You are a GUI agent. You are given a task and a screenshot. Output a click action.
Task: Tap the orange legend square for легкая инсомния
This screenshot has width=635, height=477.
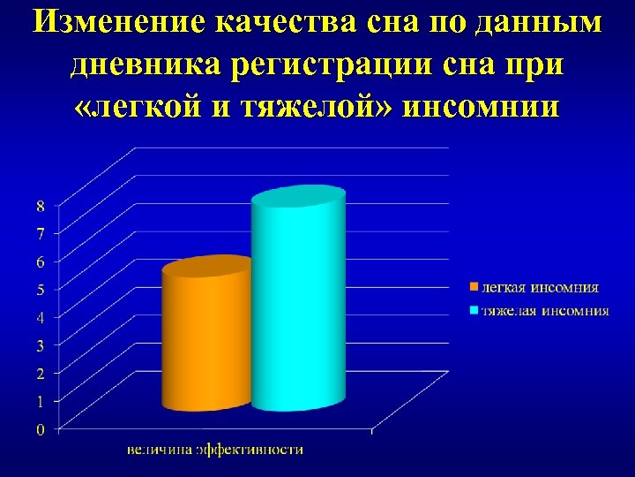click(x=473, y=287)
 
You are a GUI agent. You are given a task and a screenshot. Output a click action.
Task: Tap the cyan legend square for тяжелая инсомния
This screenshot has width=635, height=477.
click(x=473, y=311)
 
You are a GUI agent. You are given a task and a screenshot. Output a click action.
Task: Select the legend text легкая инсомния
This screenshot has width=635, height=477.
click(x=539, y=287)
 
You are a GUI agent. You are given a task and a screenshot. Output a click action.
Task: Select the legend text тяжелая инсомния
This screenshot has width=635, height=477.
click(x=544, y=311)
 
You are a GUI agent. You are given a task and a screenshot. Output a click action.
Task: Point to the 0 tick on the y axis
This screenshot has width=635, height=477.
click(x=40, y=429)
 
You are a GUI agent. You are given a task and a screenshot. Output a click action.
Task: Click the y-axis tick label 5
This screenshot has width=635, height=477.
click(x=40, y=289)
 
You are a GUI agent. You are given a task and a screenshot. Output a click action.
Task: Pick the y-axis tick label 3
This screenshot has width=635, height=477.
click(x=40, y=344)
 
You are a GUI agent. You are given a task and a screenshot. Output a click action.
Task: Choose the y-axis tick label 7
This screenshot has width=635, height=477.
click(x=40, y=233)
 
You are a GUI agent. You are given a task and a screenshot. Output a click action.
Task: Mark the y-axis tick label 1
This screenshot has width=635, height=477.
click(x=40, y=401)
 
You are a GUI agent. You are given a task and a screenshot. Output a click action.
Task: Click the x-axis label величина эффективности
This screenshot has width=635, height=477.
click(x=215, y=449)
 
